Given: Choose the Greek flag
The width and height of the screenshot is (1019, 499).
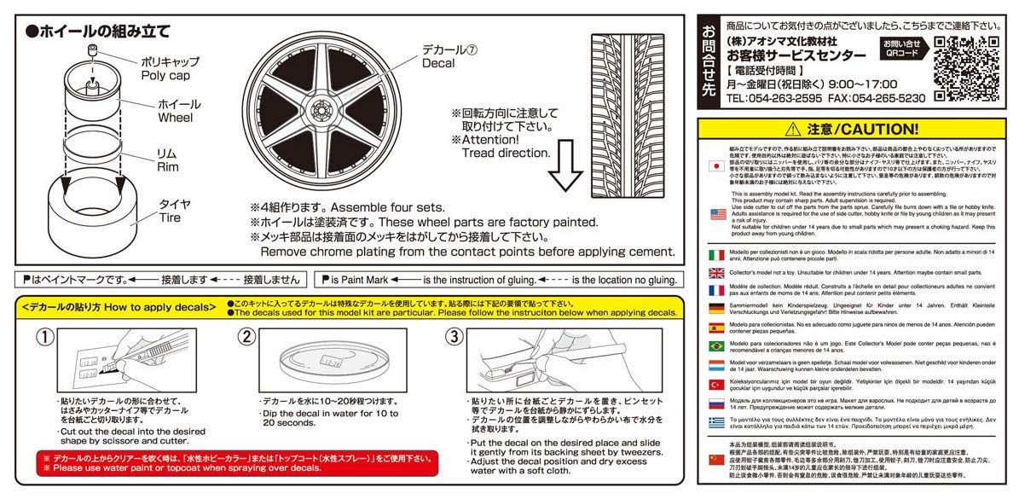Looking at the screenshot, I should [x=717, y=421].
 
